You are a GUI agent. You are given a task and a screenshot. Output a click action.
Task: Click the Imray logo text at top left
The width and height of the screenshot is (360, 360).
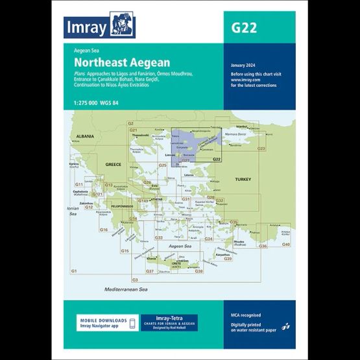(85, 26)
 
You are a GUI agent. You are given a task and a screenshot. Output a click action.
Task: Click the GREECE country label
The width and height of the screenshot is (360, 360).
(114, 165)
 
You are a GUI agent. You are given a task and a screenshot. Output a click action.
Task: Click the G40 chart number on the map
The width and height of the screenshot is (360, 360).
(285, 244)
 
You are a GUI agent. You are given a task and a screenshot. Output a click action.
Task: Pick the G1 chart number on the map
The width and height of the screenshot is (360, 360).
(74, 270)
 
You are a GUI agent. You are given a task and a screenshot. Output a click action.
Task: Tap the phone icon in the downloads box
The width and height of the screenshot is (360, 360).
(133, 323)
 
